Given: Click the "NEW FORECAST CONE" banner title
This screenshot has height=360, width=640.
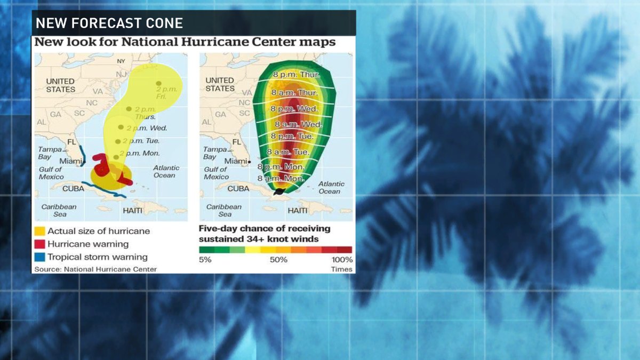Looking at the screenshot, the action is coord(109,23).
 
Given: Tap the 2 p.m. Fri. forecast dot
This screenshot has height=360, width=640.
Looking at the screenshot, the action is coord(158,83).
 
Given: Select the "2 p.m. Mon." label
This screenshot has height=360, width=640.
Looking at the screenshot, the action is coord(139,154).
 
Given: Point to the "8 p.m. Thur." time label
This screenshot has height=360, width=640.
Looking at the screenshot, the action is coord(297,75).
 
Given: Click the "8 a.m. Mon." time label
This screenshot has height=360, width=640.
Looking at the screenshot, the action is coord(281,179).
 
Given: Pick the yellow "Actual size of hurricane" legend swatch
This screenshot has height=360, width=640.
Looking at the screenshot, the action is coord(39,231).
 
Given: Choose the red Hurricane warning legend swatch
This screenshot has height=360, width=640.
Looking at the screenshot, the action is coord(39,244).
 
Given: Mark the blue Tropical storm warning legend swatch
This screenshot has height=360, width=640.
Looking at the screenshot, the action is coord(39,257).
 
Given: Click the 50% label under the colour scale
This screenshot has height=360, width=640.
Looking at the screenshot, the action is coord(278,260).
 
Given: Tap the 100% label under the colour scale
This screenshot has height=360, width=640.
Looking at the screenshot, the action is coord(342,260).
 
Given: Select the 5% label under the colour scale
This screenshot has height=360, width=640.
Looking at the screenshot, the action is coord(205,260).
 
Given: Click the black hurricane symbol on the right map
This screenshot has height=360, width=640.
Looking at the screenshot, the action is coord(279,191).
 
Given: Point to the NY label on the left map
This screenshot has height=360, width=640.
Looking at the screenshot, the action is coord(121,61).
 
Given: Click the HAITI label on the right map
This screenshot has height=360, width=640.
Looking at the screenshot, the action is coord(298,211).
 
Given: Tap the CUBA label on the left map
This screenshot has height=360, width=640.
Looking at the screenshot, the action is coord(73,189).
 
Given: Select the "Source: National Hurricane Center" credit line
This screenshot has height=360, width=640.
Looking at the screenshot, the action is coord(95,269).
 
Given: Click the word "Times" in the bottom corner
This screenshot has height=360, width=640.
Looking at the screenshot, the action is coord(342,269).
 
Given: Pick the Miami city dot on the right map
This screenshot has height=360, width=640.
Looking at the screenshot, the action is coord(249,162).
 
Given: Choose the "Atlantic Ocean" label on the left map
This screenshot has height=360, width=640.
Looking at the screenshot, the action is coord(166,171).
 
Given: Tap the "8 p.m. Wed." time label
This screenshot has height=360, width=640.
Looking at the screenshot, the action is coord(294,109).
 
